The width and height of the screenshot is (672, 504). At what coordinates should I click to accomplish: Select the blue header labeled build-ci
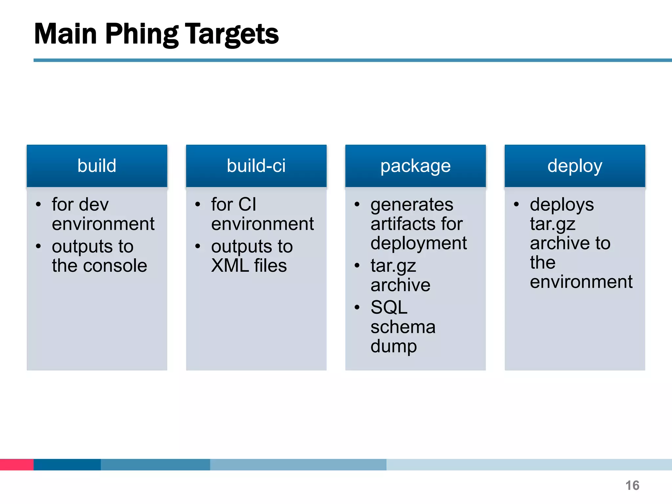click(256, 166)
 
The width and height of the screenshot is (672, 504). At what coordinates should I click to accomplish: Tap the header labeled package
click(415, 166)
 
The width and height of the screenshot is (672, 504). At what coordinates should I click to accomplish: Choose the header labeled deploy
click(575, 166)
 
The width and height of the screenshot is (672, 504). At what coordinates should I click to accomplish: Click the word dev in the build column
click(94, 205)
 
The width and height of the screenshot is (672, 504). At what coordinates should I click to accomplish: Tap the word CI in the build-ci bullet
click(247, 205)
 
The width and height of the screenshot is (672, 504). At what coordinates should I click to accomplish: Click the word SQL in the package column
click(389, 308)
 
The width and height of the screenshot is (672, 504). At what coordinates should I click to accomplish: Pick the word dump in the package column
click(393, 346)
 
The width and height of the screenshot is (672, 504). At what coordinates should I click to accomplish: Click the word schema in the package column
click(403, 327)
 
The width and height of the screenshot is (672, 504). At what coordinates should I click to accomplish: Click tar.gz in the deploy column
click(553, 225)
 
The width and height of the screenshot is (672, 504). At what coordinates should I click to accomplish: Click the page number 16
click(632, 485)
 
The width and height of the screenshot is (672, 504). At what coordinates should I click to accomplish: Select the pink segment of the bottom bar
click(16, 464)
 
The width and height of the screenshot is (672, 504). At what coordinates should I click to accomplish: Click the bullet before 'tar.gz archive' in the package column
click(357, 265)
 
